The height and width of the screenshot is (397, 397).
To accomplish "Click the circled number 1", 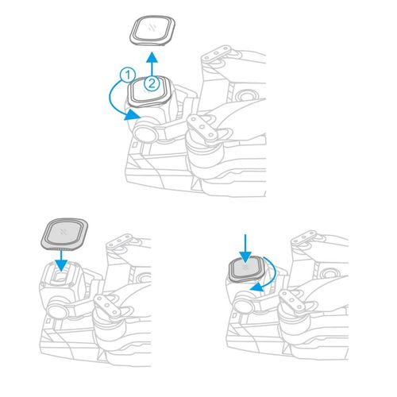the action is point(128,75).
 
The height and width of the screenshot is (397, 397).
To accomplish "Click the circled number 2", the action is point(152,83).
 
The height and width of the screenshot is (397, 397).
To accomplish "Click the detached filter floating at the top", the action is point(152,30).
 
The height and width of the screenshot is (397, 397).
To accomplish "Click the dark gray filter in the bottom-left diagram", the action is point(64,234).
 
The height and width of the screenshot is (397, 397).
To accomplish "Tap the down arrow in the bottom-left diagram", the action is point(62,260).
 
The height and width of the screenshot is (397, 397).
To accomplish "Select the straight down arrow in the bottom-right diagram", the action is point(245,249).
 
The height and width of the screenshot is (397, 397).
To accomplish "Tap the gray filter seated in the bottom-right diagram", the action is point(247,269).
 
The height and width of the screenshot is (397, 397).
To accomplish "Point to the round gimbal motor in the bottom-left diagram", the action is point(57,310).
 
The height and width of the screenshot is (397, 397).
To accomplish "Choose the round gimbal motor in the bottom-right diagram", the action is point(243,304).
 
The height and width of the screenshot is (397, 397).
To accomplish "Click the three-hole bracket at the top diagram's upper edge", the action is point(216,53).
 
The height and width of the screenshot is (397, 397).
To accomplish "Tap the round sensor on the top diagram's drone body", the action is point(246,94).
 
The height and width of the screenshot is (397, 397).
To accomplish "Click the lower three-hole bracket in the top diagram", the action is point(202,127).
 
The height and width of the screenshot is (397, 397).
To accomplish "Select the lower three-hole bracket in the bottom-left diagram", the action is point(107,306).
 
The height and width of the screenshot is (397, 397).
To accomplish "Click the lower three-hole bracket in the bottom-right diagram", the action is point(293,300).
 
